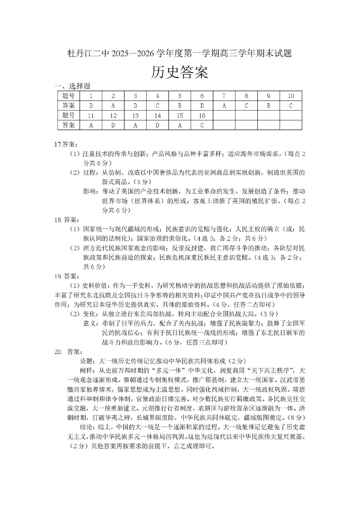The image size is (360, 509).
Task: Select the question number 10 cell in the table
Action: coord(291,96)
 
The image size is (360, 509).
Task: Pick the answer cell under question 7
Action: coord(224,106)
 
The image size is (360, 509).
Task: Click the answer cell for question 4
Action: coord(157,106)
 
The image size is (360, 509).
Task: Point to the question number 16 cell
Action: coord(202,116)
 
